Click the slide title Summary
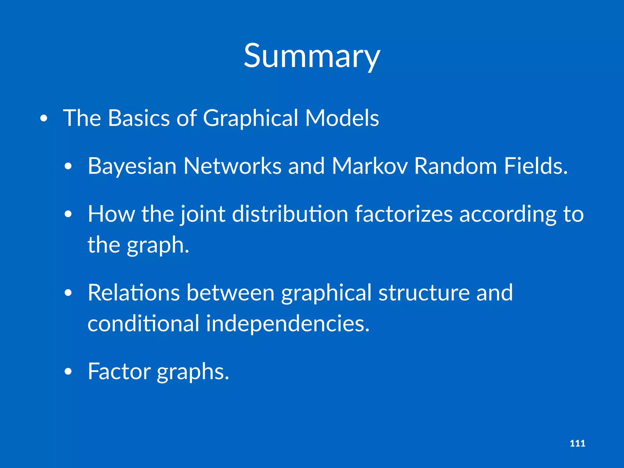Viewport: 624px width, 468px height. tap(312, 56)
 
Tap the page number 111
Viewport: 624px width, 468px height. tap(577, 443)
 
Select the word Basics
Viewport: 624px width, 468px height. tap(139, 118)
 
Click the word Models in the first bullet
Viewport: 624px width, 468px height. tap(342, 118)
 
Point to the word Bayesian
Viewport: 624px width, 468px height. tap(132, 166)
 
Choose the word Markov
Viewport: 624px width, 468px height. tap(370, 166)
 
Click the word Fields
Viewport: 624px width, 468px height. tap(536, 166)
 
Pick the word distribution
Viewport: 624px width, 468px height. tap(290, 214)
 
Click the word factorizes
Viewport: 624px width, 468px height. tap(404, 214)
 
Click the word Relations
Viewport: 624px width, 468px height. tap(134, 293)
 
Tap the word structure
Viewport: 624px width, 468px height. tap(424, 293)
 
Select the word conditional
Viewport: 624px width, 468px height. tap(144, 324)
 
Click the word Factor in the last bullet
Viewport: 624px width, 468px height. tap(119, 371)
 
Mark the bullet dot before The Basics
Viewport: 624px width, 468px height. tap(44, 119)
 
